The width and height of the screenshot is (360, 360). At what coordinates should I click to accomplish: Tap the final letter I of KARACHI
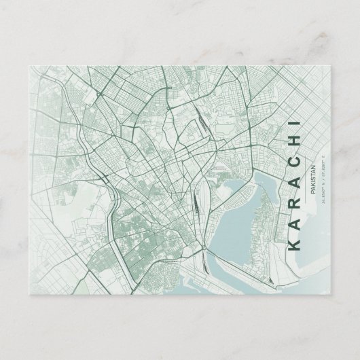click(295, 123)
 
